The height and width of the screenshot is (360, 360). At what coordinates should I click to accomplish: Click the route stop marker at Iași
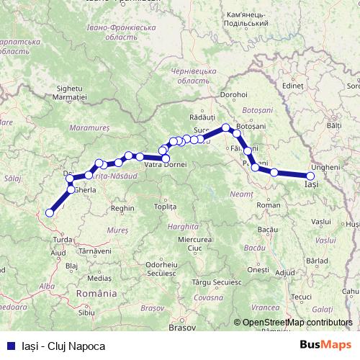310,176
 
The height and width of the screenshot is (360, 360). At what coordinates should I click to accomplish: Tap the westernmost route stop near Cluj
50,212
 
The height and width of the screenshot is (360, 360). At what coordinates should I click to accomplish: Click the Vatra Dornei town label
166,166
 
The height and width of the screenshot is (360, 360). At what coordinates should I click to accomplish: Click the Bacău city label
267,228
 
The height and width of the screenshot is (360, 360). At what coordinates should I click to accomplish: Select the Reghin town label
123,208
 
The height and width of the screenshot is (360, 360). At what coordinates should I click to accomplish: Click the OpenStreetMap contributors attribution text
297,323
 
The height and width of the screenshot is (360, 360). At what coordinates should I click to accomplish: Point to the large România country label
96,294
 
